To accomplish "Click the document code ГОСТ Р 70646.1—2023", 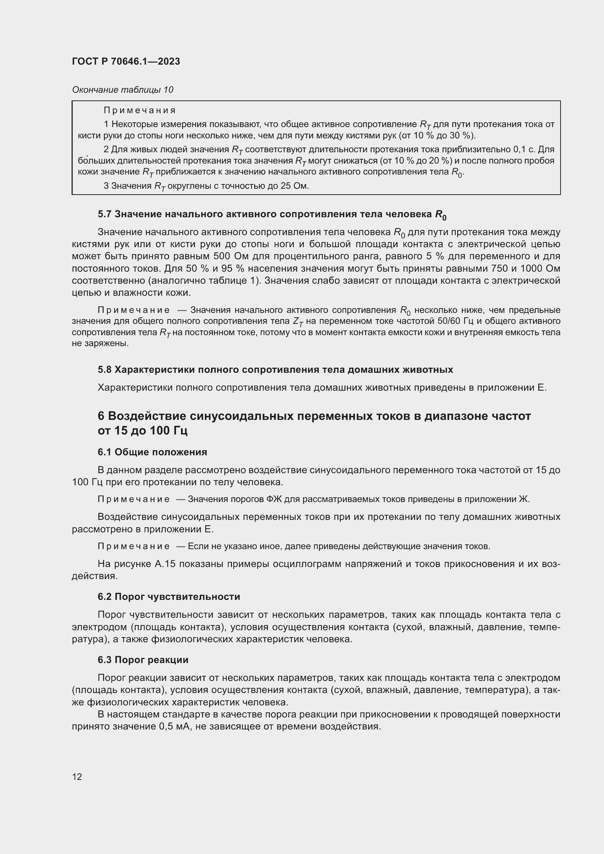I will [126, 61].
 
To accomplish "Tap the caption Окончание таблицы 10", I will [123, 90].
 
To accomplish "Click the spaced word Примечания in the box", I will [139, 111].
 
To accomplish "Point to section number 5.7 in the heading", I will [104, 214].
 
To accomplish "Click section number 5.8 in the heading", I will [104, 370].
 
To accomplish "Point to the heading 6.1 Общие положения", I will [153, 452].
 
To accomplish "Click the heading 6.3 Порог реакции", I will [143, 660].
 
